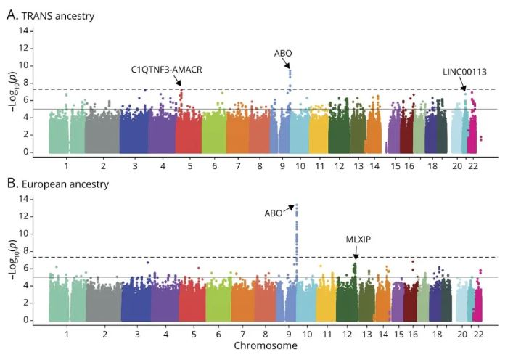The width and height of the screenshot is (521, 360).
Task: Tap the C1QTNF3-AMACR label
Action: [x=166, y=70]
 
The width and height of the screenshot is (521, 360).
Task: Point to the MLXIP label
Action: [x=356, y=239]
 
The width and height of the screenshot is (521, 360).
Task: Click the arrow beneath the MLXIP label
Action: [x=356, y=253]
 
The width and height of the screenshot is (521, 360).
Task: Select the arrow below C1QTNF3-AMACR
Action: [x=177, y=81]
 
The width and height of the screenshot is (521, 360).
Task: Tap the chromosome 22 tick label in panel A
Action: [x=472, y=165]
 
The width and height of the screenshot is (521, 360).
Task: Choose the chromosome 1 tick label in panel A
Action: [x=66, y=165]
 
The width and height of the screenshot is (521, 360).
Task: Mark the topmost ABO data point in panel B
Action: [x=296, y=205]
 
